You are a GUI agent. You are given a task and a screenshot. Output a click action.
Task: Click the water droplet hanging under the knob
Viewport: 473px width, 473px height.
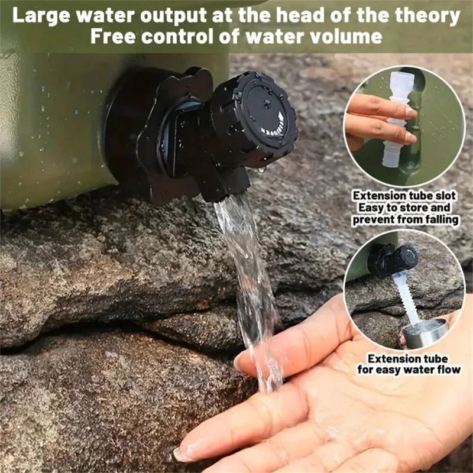[262, 169]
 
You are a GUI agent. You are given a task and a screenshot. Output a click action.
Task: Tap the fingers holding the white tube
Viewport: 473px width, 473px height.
[381, 121]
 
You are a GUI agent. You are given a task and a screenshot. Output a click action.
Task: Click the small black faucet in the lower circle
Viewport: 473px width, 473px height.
[392, 260]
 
